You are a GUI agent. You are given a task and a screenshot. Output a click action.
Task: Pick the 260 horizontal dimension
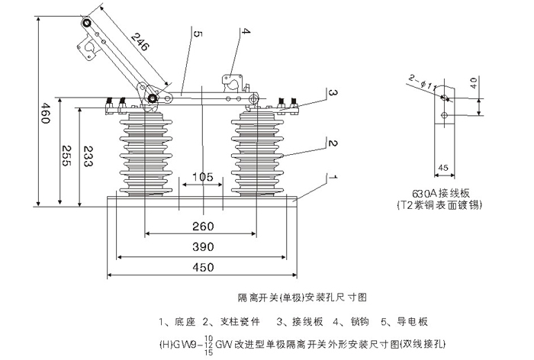[x=202, y=226]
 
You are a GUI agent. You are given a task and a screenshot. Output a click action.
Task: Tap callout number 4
[x=246, y=31]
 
